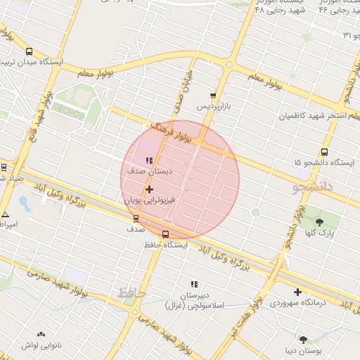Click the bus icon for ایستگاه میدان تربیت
point(29,51)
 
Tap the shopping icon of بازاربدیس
point(213,95)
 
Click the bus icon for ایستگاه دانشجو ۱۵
point(324,152)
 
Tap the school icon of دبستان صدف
point(148,160)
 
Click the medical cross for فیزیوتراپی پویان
point(149,190)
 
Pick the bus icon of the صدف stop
point(136,219)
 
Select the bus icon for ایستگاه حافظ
point(166,234)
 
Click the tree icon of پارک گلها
point(319,222)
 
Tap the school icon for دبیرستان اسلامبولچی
point(194,284)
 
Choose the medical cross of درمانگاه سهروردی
point(297,292)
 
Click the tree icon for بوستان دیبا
point(304,340)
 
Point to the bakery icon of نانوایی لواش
point(41,335)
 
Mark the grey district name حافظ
point(132,292)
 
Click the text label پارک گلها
point(319,232)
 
